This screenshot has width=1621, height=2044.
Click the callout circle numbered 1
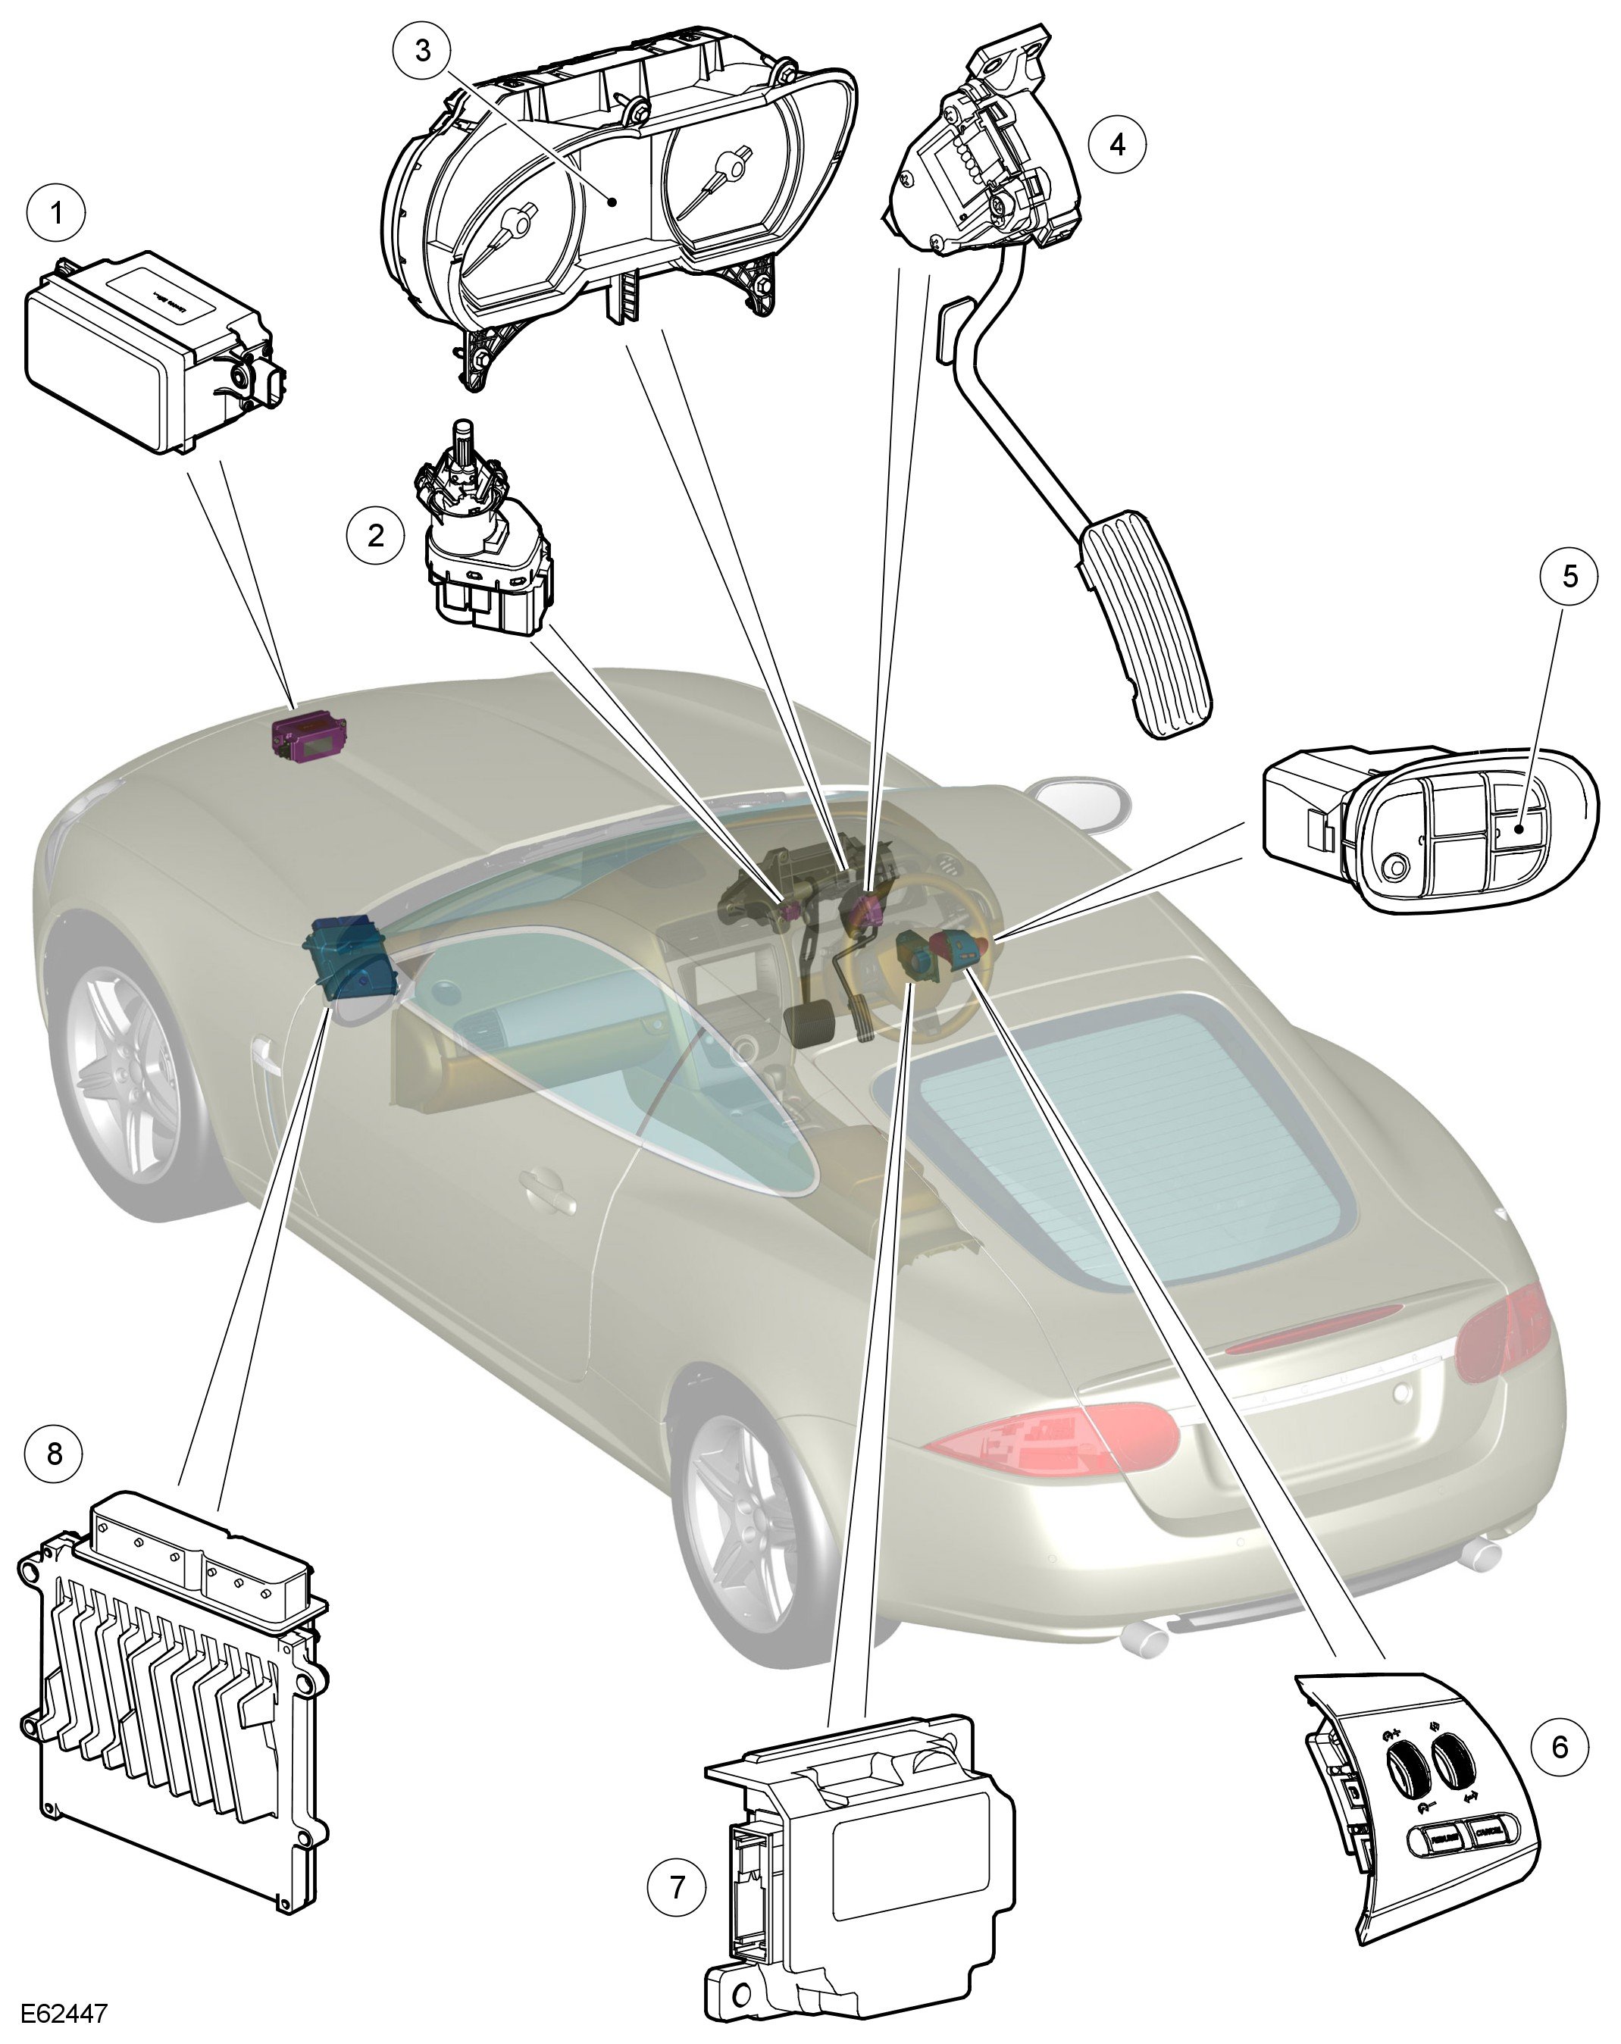56,212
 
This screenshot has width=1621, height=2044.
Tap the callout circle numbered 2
377,535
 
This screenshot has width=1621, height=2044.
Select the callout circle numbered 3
422,50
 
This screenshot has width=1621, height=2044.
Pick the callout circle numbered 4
1117,144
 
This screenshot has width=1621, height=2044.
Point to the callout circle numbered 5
1569,575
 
